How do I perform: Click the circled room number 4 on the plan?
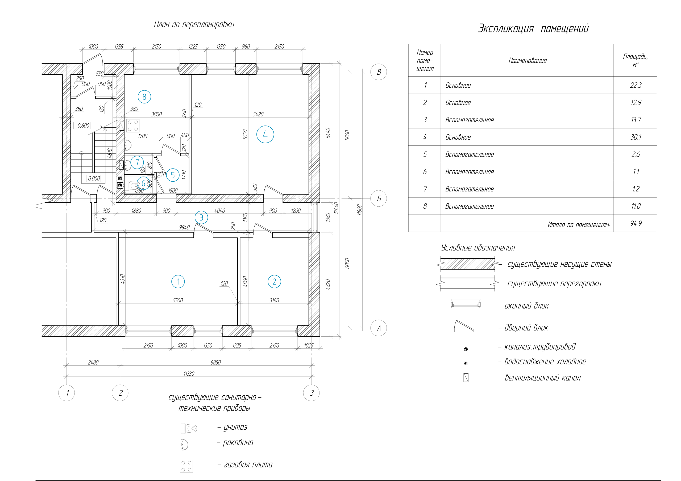265,135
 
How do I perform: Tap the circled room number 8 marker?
144,97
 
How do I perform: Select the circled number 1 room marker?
178,281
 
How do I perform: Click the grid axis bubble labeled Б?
379,198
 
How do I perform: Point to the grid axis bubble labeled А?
379,328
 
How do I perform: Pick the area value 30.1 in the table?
636,137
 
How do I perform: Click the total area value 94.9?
636,223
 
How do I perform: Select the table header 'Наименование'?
527,61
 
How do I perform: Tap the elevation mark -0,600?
82,126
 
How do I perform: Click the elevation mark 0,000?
94,178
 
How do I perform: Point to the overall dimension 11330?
189,374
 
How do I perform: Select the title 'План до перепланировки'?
194,24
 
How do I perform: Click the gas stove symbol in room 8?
132,126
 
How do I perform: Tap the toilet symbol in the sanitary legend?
189,428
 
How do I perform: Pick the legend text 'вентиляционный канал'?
542,378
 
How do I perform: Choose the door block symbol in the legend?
464,326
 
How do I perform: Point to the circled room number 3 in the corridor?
201,218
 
